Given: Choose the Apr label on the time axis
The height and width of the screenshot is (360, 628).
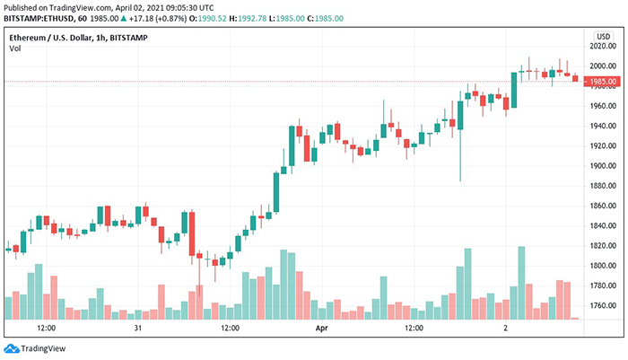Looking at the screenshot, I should tap(322, 329).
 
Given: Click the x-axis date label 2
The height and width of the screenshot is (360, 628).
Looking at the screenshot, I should tap(506, 329).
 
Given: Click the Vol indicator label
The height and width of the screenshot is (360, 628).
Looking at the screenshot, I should tap(15, 48).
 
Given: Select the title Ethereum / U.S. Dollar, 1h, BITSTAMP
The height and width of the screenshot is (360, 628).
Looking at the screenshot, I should tap(79, 38).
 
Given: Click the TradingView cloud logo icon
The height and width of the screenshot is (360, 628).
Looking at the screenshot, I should tap(12, 348).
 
